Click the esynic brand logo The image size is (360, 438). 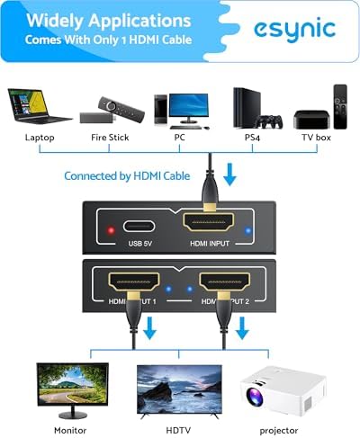pyautogui.click(x=294, y=31)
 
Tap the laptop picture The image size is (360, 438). pyautogui.click(x=39, y=106)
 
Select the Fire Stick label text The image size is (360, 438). pyautogui.click(x=110, y=138)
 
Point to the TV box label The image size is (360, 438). pyautogui.click(x=316, y=138)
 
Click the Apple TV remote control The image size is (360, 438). pyautogui.click(x=340, y=107)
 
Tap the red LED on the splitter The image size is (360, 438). pyautogui.click(x=111, y=230)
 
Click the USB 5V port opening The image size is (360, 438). pyautogui.click(x=139, y=227)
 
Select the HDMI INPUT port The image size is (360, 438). pyautogui.click(x=208, y=222)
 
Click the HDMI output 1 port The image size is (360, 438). pyautogui.click(x=134, y=282)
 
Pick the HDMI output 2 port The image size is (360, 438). pyautogui.click(x=225, y=282)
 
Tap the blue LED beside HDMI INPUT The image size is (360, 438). pyautogui.click(x=247, y=230)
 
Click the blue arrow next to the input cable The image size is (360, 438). pyautogui.click(x=230, y=174)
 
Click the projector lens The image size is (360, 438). pyautogui.click(x=255, y=397)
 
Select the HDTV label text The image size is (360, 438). pyautogui.click(x=178, y=430)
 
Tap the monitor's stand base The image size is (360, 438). pyautogui.click(x=73, y=416)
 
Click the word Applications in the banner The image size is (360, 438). pyautogui.click(x=139, y=22)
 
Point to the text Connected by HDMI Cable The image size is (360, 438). pyautogui.click(x=127, y=176)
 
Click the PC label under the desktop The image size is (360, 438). pyautogui.click(x=179, y=138)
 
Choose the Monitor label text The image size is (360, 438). pyautogui.click(x=70, y=430)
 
